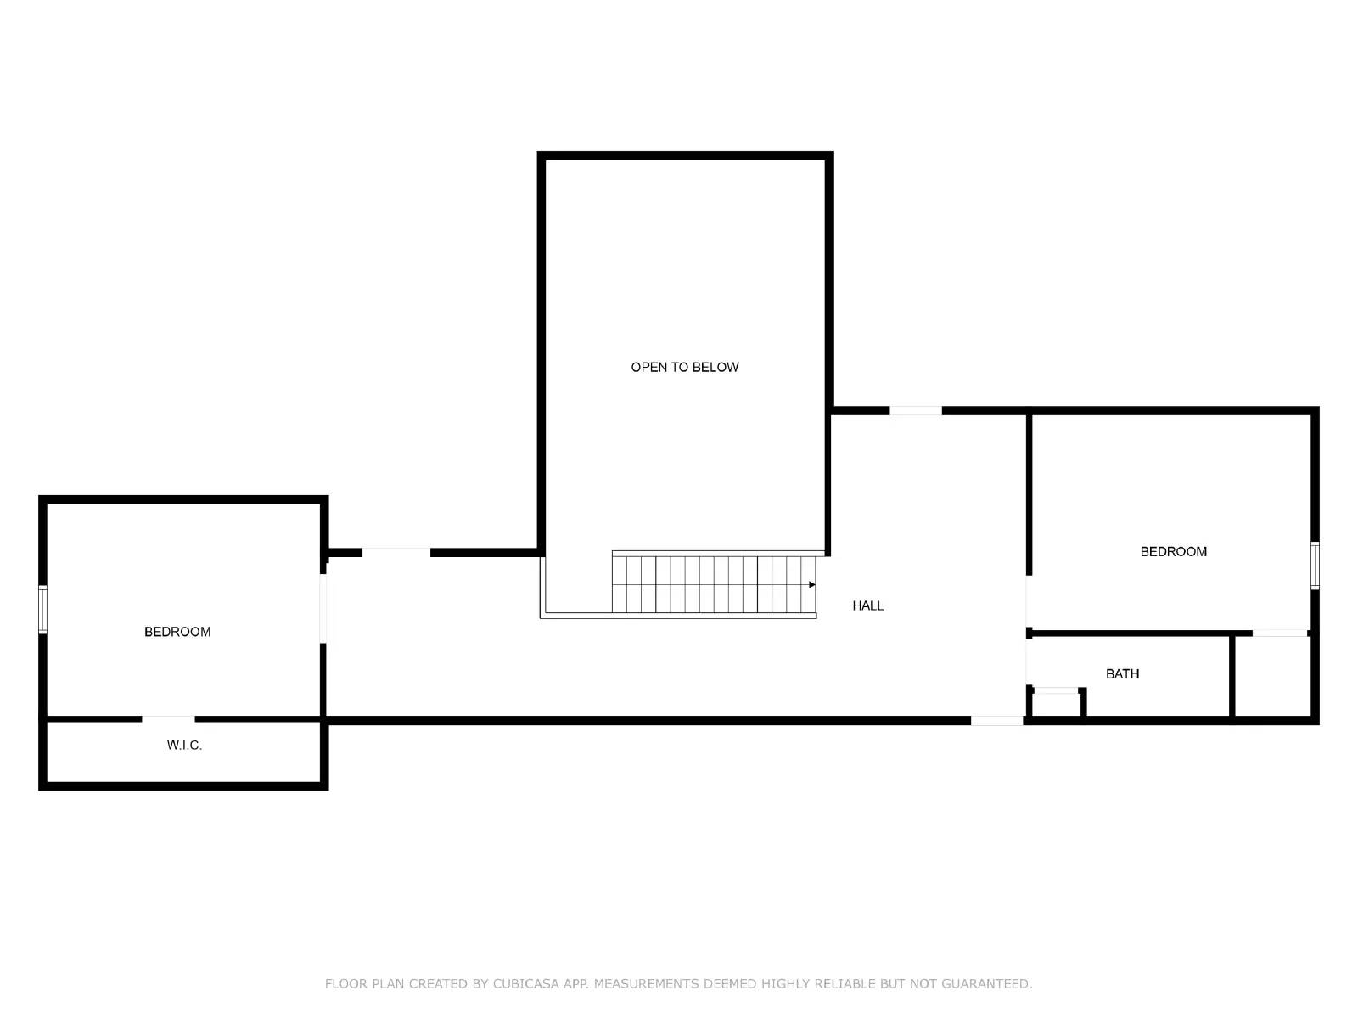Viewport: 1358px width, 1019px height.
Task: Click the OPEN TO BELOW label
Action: (684, 367)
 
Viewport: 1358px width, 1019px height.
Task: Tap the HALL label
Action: (867, 605)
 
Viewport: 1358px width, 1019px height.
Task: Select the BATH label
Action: (1122, 673)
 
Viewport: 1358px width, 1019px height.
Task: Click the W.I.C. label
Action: (184, 745)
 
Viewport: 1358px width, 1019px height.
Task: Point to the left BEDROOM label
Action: (177, 632)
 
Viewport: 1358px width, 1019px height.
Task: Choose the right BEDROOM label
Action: (1173, 551)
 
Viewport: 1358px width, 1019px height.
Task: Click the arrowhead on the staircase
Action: (811, 585)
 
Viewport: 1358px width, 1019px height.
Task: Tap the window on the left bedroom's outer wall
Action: (42, 610)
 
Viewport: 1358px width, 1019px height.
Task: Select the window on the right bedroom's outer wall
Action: (1315, 565)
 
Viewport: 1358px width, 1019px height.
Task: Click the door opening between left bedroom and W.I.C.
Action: (168, 719)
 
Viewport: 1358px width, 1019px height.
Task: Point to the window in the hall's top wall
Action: (916, 411)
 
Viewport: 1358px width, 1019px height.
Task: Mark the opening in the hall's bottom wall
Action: (996, 721)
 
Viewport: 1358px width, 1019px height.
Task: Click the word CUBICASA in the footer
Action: (525, 983)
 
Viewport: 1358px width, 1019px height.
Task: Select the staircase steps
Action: (714, 585)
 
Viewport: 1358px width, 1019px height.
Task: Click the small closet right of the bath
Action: (1272, 676)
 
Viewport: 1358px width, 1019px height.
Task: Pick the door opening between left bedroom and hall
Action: (323, 609)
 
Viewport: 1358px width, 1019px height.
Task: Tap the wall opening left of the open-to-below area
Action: (396, 553)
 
